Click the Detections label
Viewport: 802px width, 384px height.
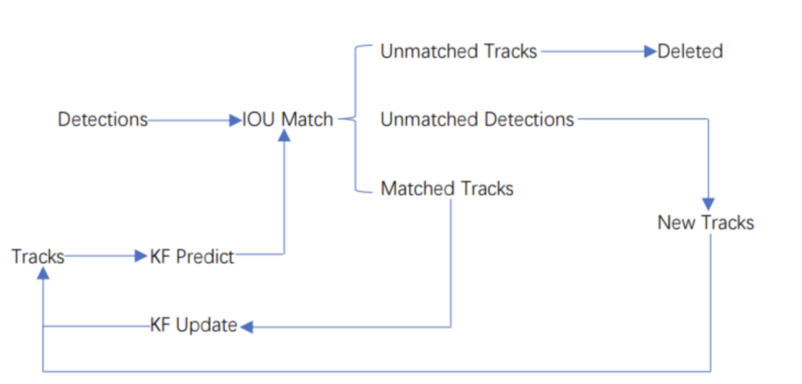[x=103, y=119]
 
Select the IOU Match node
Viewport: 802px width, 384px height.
[x=287, y=119]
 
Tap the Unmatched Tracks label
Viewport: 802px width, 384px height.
[x=458, y=52]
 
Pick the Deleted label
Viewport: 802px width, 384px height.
[x=690, y=52]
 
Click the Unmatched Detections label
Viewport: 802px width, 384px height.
[x=477, y=119]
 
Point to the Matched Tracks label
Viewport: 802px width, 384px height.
[x=447, y=189]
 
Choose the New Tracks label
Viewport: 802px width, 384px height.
[x=706, y=223]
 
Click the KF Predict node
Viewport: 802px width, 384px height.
[x=192, y=257]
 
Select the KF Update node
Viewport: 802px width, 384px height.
[x=194, y=325]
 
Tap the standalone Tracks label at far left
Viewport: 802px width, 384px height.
[x=38, y=257]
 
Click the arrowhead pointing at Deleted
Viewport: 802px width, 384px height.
[x=650, y=52]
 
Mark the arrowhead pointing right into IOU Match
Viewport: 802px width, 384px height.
[x=235, y=120]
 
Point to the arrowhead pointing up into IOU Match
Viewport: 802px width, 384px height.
[x=284, y=135]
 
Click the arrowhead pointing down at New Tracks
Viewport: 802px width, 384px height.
[x=708, y=204]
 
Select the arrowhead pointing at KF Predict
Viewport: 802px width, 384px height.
[x=140, y=256]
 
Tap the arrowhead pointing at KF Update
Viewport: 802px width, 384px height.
[x=247, y=327]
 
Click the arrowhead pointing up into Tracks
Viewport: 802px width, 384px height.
[x=43, y=273]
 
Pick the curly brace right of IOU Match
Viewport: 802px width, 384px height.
[x=355, y=119]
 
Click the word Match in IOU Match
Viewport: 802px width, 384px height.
[x=307, y=119]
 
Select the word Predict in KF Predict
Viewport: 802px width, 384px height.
[x=205, y=257]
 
